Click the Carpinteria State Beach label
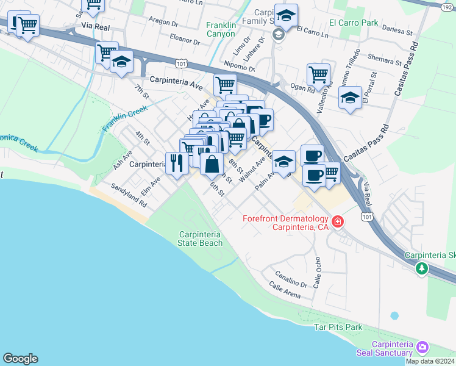click(x=199, y=239)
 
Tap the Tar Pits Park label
click(x=338, y=328)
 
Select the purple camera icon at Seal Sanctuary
click(x=422, y=348)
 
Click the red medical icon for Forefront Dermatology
click(x=337, y=221)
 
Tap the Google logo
click(x=20, y=359)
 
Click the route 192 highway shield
click(x=447, y=5)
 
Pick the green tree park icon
click(x=421, y=268)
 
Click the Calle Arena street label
click(x=285, y=292)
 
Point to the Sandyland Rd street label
click(x=128, y=195)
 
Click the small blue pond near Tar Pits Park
click(x=394, y=316)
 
